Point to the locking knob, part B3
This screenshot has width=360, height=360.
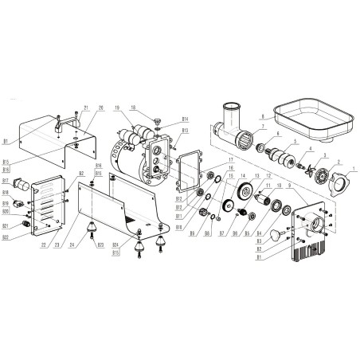(276, 237)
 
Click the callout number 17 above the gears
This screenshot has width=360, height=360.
(231, 160)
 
